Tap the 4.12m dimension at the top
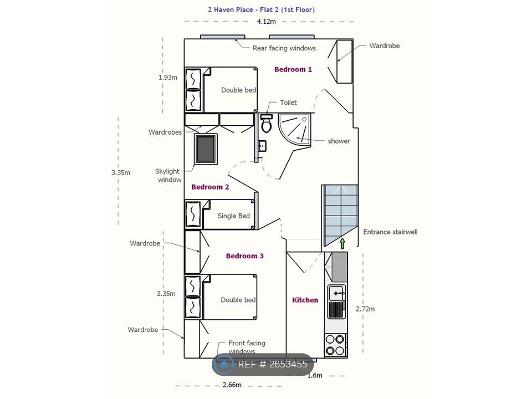click(x=266, y=22)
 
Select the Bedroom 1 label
click(x=293, y=69)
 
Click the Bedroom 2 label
click(x=210, y=187)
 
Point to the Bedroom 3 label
click(x=244, y=256)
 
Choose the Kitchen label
click(x=305, y=300)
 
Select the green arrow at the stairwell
click(x=342, y=242)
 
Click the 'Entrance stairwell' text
click(x=390, y=232)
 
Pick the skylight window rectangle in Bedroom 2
click(x=206, y=149)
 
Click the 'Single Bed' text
click(x=234, y=216)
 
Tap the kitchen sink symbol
click(x=336, y=292)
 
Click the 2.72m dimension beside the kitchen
click(x=365, y=309)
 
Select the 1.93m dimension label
click(x=168, y=77)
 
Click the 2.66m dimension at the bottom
click(x=232, y=385)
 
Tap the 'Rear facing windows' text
click(x=284, y=48)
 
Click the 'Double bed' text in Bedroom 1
click(x=238, y=90)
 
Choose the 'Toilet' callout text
click(x=288, y=103)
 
